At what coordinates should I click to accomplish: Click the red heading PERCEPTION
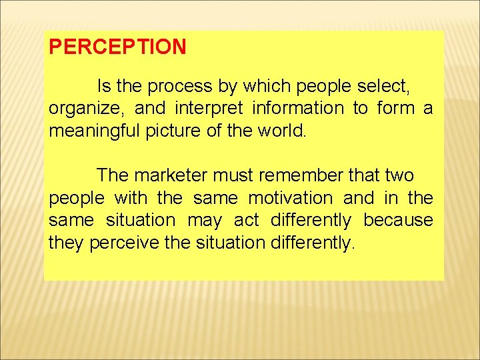pyautogui.click(x=117, y=47)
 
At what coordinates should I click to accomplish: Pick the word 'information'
pyautogui.click(x=299, y=109)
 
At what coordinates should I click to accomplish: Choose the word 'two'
pyautogui.click(x=399, y=176)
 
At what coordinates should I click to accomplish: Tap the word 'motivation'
pyautogui.click(x=290, y=198)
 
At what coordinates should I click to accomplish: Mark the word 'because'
pyautogui.click(x=399, y=220)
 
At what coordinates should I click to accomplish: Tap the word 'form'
pyautogui.click(x=396, y=109)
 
